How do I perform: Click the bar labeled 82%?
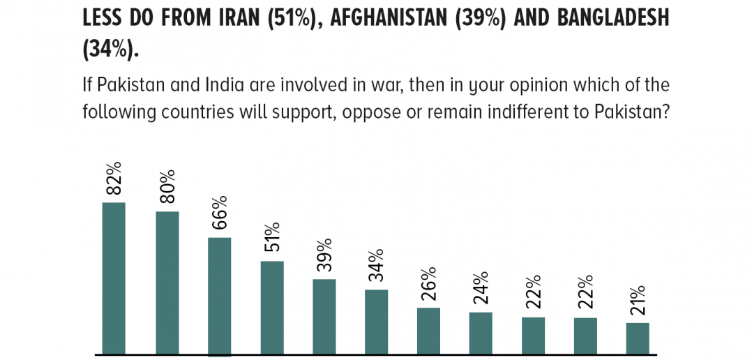pos(114,278)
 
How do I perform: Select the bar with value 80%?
pos(167,283)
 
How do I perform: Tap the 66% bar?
pos(219,297)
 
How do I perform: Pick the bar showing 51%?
pos(272,308)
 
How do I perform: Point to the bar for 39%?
pos(324,317)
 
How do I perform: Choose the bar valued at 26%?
pos(429,331)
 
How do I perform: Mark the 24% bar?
pos(481,333)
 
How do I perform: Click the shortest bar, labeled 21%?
pos(638,339)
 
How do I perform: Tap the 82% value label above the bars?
pos(114,179)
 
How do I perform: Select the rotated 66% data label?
pos(219,213)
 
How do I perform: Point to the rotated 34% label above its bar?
pos(376,267)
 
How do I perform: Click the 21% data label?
pos(638,301)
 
